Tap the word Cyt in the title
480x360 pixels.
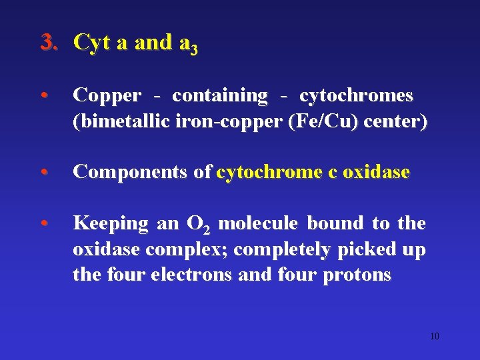click(x=92, y=43)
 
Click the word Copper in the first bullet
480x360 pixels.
click(x=107, y=96)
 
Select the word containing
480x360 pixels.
click(x=219, y=96)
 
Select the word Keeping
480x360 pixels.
click(x=111, y=223)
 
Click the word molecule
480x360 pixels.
click(x=259, y=223)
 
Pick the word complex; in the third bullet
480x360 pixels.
click(x=190, y=249)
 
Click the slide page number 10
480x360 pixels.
click(x=435, y=336)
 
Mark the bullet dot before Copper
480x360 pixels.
click(x=43, y=96)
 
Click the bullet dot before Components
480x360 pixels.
click(x=43, y=173)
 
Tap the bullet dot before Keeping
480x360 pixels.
click(x=43, y=223)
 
